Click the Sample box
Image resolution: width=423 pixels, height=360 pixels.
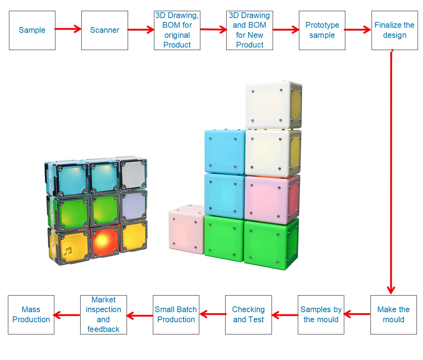pos(32,30)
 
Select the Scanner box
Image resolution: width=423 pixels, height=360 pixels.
pos(104,30)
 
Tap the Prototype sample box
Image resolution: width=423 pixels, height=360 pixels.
pos(322,30)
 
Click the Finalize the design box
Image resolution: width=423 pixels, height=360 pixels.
pos(395,30)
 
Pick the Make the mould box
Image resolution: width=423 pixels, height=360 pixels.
pos(394,315)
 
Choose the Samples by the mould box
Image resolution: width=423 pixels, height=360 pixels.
pos(321,315)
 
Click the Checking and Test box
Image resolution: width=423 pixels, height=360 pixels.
pos(248,315)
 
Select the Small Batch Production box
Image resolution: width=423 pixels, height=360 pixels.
pos(176,315)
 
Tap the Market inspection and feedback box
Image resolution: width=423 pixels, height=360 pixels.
pos(103,315)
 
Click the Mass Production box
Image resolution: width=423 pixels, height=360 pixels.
pos(31,315)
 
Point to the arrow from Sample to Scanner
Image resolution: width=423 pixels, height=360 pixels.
pos(68,29)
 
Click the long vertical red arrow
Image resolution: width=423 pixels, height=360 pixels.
pos(391,173)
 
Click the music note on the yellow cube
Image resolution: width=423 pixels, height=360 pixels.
pos(67,251)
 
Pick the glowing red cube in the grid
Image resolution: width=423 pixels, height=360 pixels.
pos(104,239)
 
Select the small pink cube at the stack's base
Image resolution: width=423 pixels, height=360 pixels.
pos(186,230)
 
